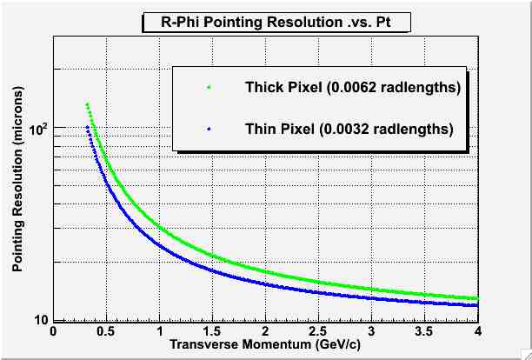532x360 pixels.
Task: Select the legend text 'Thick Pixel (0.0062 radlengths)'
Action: pyautogui.click(x=352, y=88)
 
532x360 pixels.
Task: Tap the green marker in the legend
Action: pyautogui.click(x=209, y=88)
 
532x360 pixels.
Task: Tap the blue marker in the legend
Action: pyautogui.click(x=209, y=129)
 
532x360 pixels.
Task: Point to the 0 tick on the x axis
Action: pyautogui.click(x=53, y=331)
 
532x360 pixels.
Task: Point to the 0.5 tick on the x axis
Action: pyautogui.click(x=106, y=331)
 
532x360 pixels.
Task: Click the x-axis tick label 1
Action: pyautogui.click(x=160, y=331)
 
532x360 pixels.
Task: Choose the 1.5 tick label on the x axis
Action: pyautogui.click(x=213, y=331)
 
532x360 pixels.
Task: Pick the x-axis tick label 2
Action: pyautogui.click(x=266, y=331)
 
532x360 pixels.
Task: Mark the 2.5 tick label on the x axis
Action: pyautogui.click(x=319, y=331)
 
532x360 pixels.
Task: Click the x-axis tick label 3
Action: pyautogui.click(x=372, y=331)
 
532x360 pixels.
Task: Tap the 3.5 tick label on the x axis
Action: pyautogui.click(x=425, y=331)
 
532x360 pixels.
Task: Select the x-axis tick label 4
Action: pyautogui.click(x=478, y=331)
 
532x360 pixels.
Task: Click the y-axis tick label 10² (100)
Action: pyautogui.click(x=39, y=130)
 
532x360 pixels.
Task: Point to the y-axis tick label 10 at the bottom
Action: pyautogui.click(x=41, y=320)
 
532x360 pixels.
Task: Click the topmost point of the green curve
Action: pyautogui.click(x=87, y=104)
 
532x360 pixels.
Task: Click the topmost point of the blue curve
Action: pyautogui.click(x=87, y=127)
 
